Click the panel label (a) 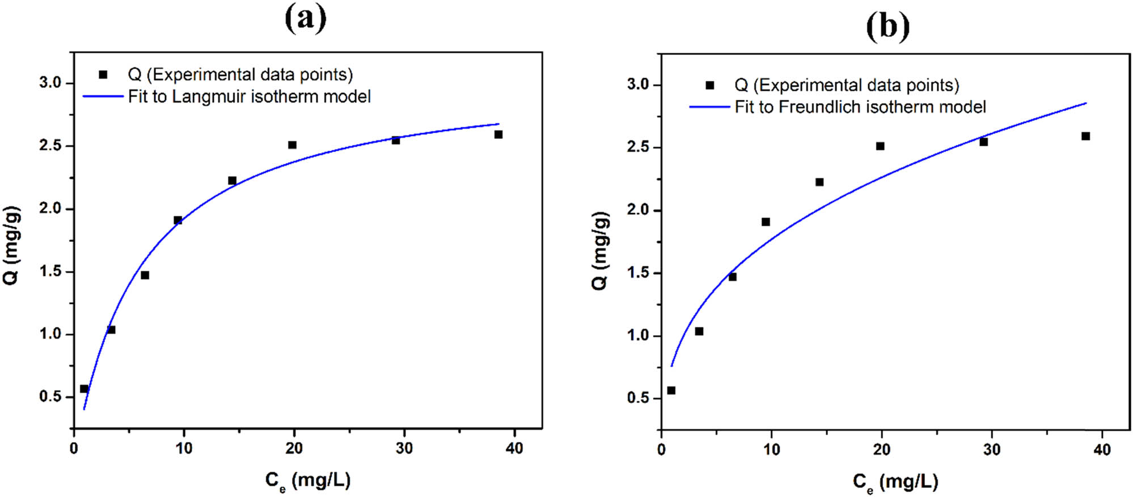pos(306,18)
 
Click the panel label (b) pos(887,27)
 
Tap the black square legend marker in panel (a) pos(103,74)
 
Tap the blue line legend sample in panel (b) pos(709,107)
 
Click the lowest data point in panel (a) pos(84,389)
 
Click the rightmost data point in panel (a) pos(498,134)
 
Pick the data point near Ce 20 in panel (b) pos(880,146)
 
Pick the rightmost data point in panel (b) pos(1085,136)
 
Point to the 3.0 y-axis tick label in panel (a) pos(50,83)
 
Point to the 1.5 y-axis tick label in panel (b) pos(638,273)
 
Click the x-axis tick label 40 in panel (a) pos(514,448)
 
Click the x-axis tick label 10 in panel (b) pos(771,450)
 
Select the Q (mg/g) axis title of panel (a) pos(12,245)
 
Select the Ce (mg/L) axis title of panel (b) pos(895,482)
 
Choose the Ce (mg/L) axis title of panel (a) pos(308,481)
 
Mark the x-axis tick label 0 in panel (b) pos(662,450)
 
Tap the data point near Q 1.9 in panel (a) pos(178,220)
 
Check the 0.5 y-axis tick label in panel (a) pos(50,396)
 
